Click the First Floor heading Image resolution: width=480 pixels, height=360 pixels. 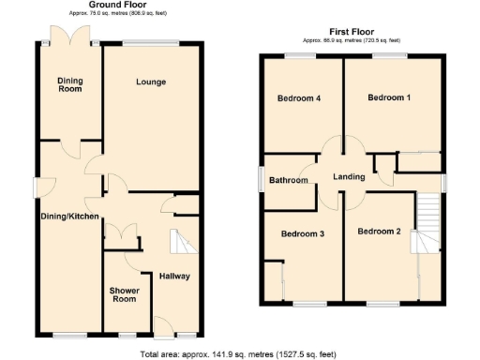point(352,32)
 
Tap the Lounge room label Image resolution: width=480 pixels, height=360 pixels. point(150,82)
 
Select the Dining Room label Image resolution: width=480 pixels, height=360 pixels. point(70,86)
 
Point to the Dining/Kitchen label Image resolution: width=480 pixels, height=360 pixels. point(69,217)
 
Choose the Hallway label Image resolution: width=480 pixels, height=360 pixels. point(175,277)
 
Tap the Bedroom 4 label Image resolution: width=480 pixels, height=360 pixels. point(300,98)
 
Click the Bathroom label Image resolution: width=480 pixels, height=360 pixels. point(289,180)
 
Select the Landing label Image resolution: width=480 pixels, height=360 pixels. point(347,175)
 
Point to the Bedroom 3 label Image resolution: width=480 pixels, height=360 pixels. point(302,233)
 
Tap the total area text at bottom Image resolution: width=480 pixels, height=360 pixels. point(237,353)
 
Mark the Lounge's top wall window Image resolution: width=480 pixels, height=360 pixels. point(150,42)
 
